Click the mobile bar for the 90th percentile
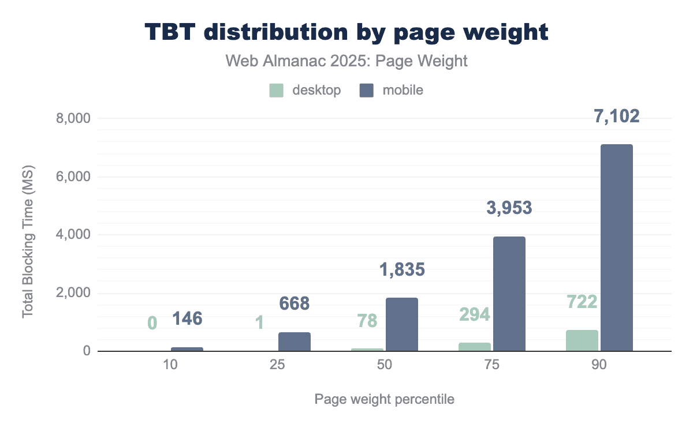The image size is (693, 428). (617, 248)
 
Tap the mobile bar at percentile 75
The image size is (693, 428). (509, 294)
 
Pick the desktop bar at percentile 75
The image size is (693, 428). (475, 347)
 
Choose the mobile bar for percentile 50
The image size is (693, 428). (402, 324)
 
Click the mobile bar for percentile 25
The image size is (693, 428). (295, 341)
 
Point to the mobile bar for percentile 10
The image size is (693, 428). (187, 349)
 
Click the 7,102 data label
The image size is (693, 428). (617, 117)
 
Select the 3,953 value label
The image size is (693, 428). (509, 208)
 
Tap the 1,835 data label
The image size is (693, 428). (402, 269)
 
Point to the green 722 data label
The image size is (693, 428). (582, 302)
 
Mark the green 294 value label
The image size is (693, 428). (475, 314)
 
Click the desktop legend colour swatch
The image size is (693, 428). (277, 91)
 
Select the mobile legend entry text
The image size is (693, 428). (399, 91)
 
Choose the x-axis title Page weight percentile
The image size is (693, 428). (384, 399)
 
